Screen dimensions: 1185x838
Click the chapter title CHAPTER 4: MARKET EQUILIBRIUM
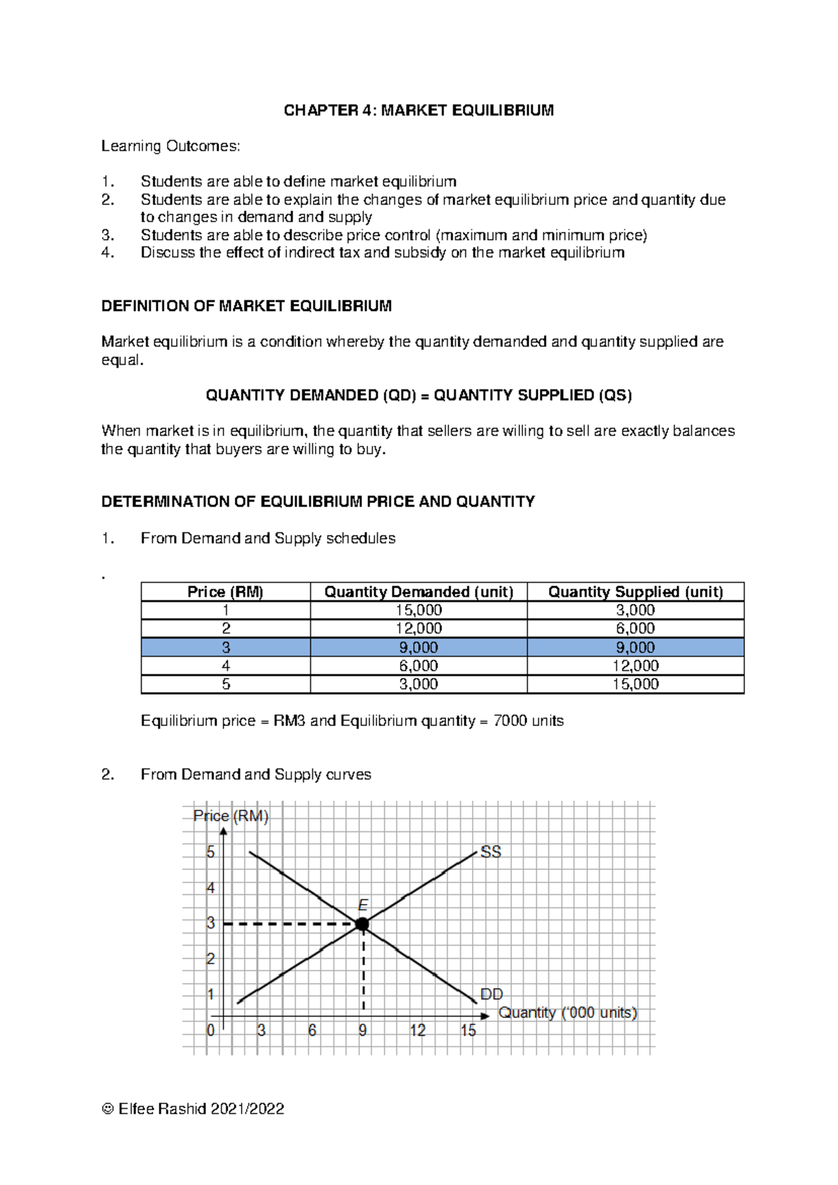[418, 110]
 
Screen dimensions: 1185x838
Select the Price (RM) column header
[225, 592]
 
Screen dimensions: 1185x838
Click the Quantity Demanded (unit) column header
[418, 592]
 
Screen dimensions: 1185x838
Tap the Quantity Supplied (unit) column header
[635, 592]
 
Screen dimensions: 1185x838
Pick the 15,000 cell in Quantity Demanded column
[418, 610]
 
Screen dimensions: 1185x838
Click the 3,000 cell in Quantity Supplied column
[635, 610]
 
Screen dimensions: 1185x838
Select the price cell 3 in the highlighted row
[226, 647]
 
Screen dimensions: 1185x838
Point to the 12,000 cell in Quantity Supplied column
[635, 666]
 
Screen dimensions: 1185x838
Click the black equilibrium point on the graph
[362, 924]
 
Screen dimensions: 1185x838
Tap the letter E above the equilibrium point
[363, 906]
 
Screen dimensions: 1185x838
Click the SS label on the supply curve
[491, 852]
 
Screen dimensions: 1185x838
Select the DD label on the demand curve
[492, 994]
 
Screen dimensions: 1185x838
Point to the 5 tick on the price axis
[210, 852]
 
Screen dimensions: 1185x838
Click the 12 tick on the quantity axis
[418, 1031]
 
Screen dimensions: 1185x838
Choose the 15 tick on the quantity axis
[468, 1031]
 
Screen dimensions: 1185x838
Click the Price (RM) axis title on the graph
[231, 816]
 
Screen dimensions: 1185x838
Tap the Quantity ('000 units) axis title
[567, 1012]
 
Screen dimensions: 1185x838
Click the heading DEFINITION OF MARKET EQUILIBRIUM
[247, 306]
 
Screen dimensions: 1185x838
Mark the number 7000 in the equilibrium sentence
[510, 720]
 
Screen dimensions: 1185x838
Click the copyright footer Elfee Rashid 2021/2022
[193, 1109]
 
